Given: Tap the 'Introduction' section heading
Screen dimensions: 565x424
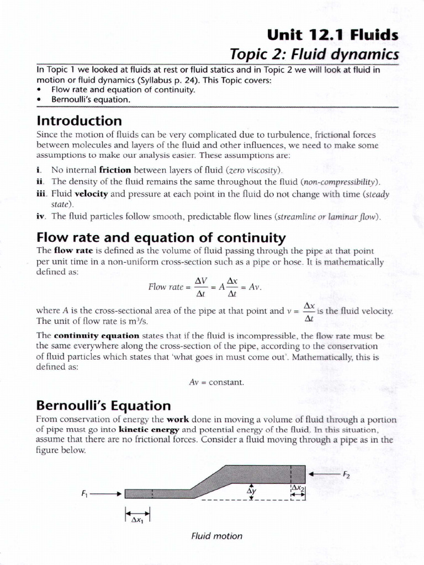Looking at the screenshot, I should pos(79,120).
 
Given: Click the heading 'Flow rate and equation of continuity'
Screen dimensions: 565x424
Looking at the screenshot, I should pos(161,238).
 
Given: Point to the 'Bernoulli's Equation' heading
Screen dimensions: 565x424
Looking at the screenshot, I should pos(103,406).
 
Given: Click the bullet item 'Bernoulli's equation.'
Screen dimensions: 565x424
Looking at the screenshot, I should pos(91,100).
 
